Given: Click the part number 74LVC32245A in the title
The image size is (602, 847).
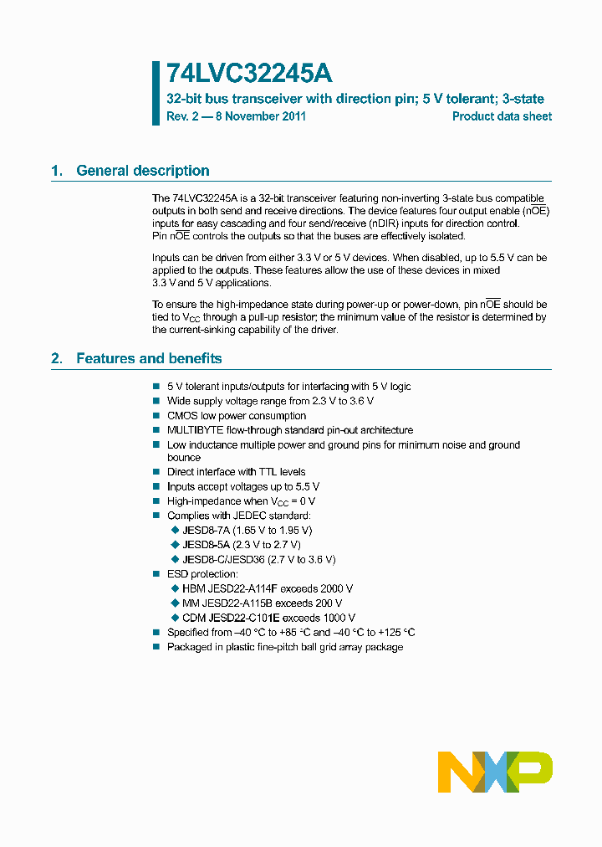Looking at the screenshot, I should coord(249,74).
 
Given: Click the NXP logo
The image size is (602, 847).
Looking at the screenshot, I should coord(495,772).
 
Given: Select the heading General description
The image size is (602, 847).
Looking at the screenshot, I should coord(143,171).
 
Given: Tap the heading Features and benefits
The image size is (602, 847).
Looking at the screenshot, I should coord(149,358).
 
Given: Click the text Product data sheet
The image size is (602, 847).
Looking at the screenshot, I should coord(502,116).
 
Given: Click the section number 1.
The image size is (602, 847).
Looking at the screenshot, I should coord(56,171).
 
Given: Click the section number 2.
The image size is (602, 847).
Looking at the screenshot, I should coord(56,358).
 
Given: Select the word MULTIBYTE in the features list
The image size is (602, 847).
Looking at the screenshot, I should coord(193,430).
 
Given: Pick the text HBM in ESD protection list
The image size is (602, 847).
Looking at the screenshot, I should coord(192,588).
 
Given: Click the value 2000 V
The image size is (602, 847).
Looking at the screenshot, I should coord(337,588).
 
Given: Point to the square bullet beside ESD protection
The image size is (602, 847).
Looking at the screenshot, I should coord(156,574).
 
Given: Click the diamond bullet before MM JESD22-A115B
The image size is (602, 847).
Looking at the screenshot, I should coord(175,603).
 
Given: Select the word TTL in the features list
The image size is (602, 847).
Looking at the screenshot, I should coord(253,472).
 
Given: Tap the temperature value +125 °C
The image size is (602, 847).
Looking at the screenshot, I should coord(395,633).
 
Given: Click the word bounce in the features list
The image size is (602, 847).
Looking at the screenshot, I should coord(184,458).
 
